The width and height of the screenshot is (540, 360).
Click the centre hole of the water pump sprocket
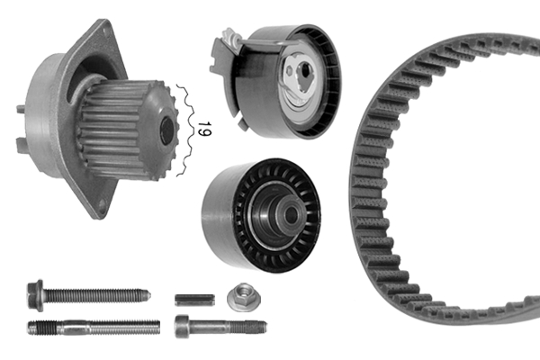167,131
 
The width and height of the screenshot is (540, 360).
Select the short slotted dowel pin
193,298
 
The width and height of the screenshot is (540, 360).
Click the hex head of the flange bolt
36,293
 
